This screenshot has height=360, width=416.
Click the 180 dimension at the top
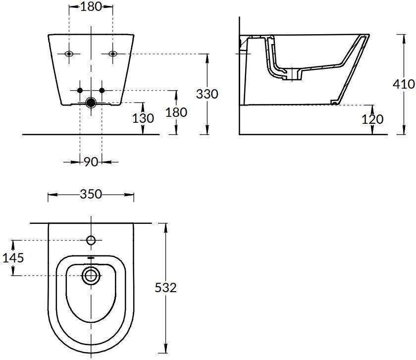91,6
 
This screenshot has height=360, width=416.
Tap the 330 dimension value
207,94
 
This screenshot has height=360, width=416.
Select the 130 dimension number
143,118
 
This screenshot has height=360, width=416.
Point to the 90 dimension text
91,162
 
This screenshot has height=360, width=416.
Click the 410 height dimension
404,84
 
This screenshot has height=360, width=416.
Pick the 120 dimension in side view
372,119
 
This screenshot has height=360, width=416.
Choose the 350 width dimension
91,194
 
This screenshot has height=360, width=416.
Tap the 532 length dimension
165,288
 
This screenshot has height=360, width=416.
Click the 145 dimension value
13,257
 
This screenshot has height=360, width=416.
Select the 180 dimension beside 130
176,112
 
